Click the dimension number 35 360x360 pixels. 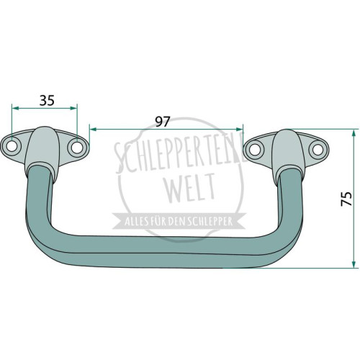click(47, 100)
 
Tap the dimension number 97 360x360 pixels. click(163, 122)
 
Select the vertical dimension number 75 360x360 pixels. click(346, 199)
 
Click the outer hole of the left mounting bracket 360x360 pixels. click(11, 146)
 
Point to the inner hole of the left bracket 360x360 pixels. click(76, 148)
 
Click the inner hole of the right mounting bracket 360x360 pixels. click(253, 150)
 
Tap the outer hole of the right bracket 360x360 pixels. click(318, 149)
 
